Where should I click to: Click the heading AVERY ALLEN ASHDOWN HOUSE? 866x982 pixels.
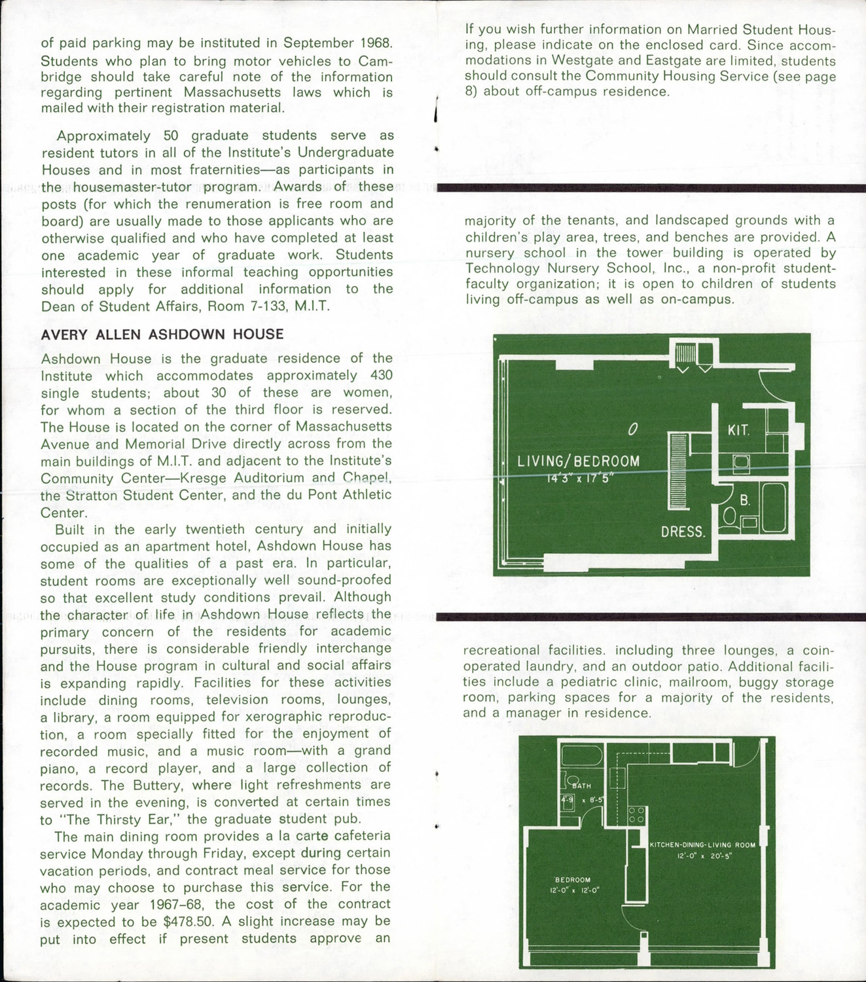[x=162, y=335]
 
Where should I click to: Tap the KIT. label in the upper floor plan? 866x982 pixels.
[x=738, y=430]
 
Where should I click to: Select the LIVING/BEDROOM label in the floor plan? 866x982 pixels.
[x=578, y=460]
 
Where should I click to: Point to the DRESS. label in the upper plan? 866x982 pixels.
[x=683, y=532]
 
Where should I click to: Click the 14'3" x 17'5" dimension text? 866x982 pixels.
[x=578, y=477]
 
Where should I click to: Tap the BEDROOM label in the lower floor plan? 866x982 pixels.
[x=573, y=880]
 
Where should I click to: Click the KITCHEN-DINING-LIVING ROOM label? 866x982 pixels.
[x=702, y=845]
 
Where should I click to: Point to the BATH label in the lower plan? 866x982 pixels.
[x=582, y=786]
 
